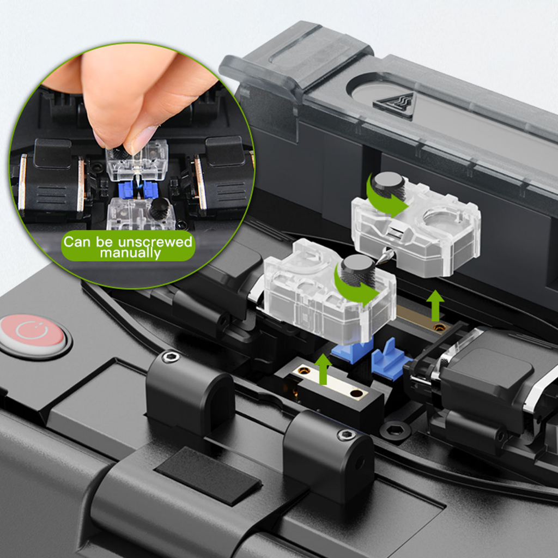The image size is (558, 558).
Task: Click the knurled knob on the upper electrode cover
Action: point(387,183)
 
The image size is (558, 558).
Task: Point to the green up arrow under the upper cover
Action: point(435,305)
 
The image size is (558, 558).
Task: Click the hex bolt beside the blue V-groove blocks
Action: point(395,430)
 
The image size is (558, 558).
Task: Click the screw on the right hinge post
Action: point(345,434)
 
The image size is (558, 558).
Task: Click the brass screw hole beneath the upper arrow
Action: point(440,327)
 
